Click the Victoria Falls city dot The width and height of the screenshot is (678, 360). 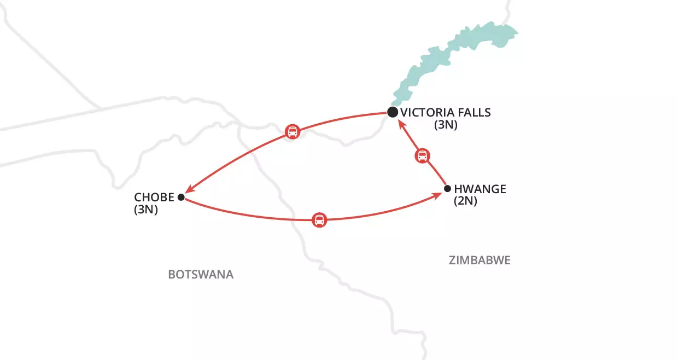(x=392, y=112)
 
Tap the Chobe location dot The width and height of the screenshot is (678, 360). (x=181, y=197)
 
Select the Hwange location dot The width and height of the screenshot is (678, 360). (x=447, y=189)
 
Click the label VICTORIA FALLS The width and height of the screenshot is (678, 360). (x=446, y=113)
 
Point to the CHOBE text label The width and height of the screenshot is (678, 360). (x=154, y=197)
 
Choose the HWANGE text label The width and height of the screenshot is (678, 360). (x=480, y=189)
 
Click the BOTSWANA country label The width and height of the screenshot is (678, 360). (x=201, y=274)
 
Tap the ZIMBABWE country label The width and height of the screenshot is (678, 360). (x=480, y=260)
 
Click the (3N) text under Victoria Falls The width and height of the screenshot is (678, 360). (x=446, y=125)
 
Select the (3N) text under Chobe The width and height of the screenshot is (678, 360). (x=146, y=209)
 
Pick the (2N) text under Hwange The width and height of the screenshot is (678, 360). (x=466, y=201)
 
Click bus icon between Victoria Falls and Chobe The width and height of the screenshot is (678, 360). (x=293, y=131)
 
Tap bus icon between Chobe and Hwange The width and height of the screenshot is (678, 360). (x=319, y=220)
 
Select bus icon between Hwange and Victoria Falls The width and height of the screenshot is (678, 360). (x=422, y=155)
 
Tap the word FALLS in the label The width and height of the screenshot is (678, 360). (x=475, y=113)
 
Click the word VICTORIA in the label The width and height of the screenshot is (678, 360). (x=427, y=113)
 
